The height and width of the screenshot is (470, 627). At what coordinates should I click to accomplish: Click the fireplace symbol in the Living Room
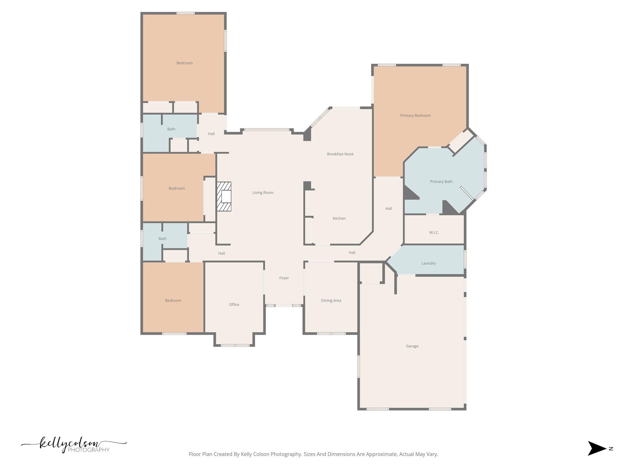(224, 196)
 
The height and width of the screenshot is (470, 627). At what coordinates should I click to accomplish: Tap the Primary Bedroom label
(415, 115)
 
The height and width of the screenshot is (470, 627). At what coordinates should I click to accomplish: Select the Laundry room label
(428, 263)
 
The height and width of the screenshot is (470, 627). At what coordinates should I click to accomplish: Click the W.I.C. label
(434, 233)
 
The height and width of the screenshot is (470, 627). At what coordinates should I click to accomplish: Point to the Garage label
(412, 346)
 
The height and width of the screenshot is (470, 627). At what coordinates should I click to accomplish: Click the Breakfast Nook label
(340, 154)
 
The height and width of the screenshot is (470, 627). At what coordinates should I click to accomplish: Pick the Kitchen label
(339, 218)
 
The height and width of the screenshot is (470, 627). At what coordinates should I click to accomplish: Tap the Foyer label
(284, 278)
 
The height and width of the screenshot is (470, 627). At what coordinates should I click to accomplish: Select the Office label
(234, 304)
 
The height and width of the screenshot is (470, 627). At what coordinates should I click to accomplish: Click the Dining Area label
(331, 300)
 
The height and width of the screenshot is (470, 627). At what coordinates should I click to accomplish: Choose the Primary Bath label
(441, 181)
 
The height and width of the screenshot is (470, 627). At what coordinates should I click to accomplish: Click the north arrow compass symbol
(597, 449)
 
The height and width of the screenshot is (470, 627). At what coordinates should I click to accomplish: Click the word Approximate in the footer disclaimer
(382, 454)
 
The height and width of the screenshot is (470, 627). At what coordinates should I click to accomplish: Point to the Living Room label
(263, 192)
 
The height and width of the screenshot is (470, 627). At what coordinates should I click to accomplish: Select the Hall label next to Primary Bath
(388, 208)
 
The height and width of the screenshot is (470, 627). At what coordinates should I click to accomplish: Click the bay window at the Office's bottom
(235, 345)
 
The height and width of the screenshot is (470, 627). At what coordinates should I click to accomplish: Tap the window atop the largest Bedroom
(185, 13)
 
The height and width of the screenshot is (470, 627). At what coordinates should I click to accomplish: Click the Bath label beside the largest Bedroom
(171, 129)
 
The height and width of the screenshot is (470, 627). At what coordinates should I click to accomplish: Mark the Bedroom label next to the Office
(173, 300)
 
